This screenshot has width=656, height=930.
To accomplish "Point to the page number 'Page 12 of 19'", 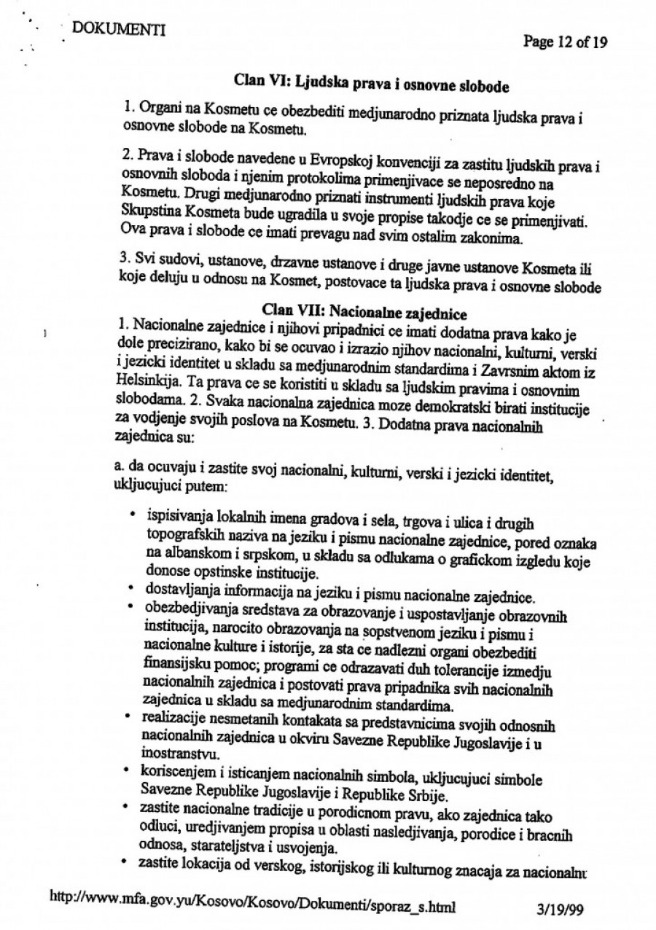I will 566,42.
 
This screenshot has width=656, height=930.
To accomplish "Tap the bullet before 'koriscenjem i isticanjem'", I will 130,770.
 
